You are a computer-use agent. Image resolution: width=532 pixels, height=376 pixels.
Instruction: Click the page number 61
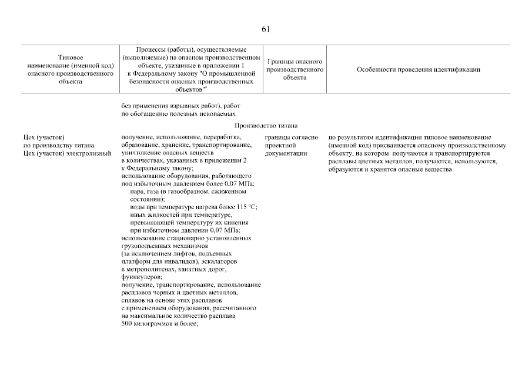click(x=266, y=30)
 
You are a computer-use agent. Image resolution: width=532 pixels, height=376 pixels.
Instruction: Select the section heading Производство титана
click(x=266, y=126)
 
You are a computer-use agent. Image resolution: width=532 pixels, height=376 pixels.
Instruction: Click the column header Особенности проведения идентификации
click(x=419, y=70)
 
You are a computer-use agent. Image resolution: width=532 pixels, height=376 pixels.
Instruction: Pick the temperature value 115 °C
click(x=247, y=207)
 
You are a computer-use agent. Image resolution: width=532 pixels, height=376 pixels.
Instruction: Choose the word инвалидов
click(x=188, y=261)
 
